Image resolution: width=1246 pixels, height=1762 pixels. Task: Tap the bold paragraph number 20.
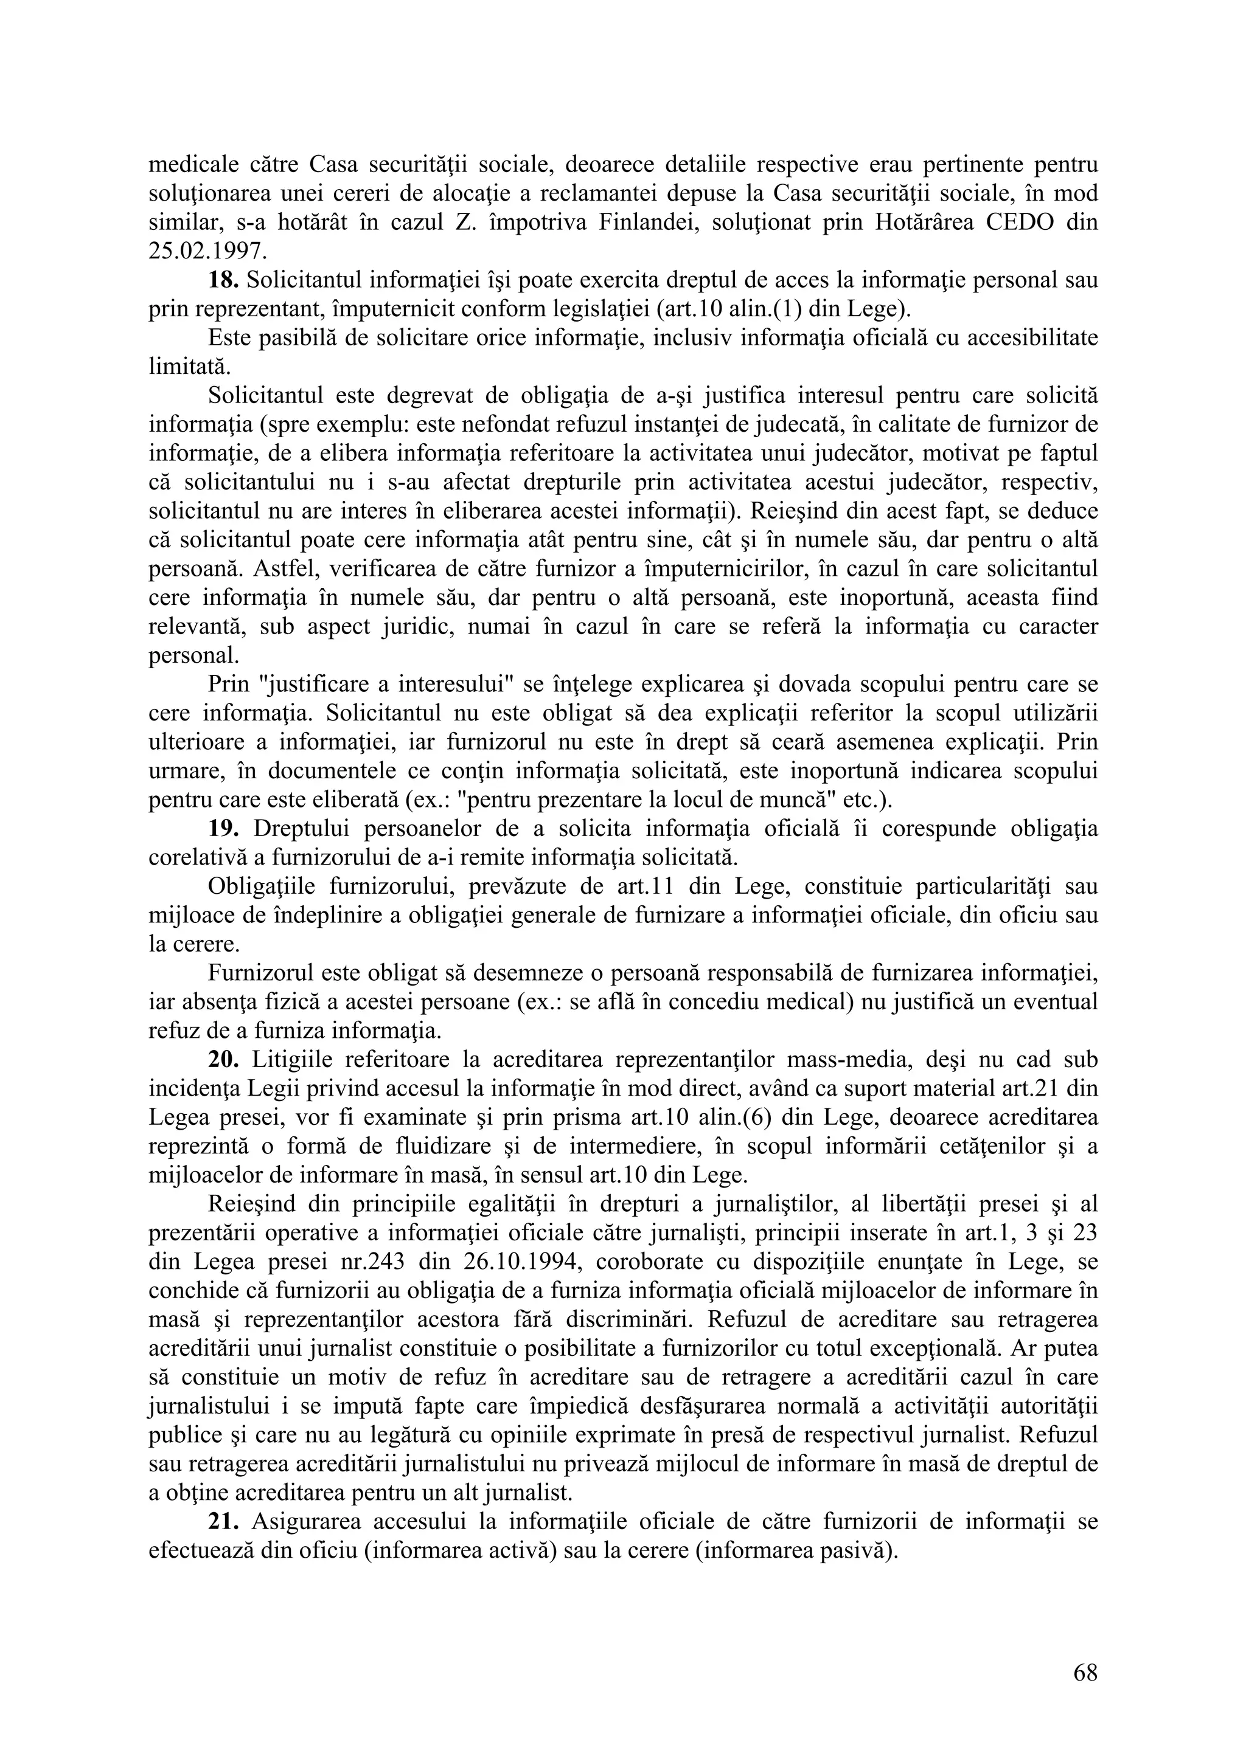click(224, 1060)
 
